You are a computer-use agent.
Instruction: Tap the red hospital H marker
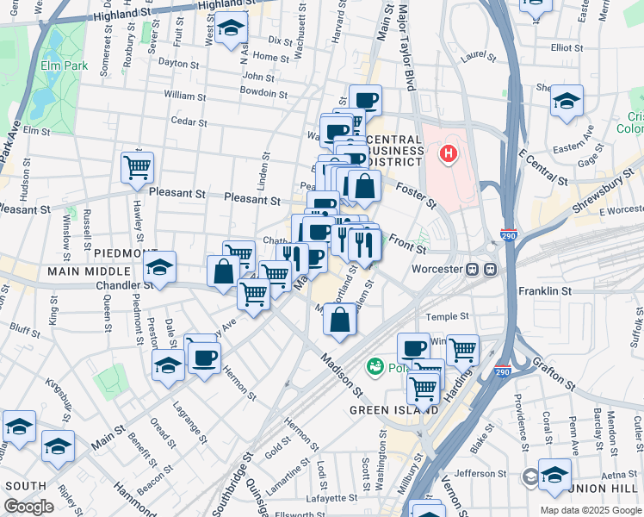449,155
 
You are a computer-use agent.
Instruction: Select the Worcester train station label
437,268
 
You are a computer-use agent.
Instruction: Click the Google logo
28,507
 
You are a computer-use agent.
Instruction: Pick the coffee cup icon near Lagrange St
203,358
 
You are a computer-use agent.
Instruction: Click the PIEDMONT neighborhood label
126,252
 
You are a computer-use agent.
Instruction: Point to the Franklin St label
545,292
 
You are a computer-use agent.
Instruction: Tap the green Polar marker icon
375,367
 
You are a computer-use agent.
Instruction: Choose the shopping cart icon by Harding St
462,348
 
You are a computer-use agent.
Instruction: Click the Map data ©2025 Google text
591,509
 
